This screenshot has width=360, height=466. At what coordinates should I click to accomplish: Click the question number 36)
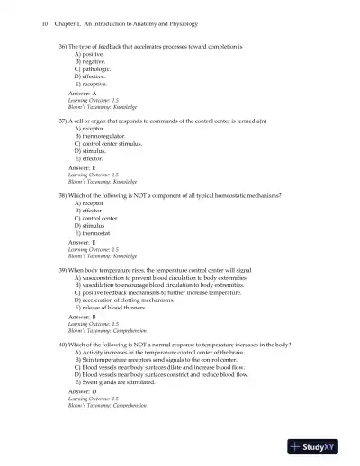tap(64, 44)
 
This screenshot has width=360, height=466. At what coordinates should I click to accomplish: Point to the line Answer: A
tap(81, 93)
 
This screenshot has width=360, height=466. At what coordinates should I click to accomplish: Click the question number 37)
tap(64, 119)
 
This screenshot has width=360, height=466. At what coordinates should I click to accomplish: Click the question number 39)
tap(64, 269)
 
